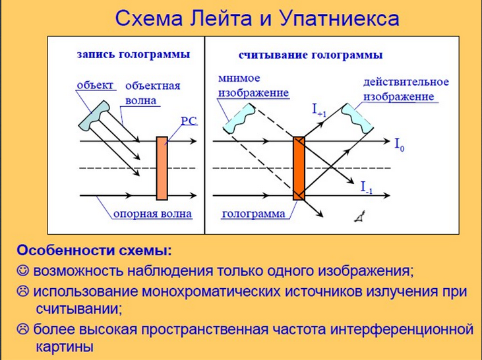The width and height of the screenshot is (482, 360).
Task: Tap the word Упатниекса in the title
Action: coord(340,19)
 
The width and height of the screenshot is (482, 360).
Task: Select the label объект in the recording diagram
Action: coord(95,85)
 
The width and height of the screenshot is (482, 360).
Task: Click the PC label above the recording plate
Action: coord(189,121)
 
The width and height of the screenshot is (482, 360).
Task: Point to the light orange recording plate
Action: coord(162,169)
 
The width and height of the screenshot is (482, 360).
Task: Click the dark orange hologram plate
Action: coord(299,169)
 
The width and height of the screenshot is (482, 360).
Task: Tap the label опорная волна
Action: coord(152,214)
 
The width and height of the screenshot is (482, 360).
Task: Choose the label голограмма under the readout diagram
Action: coord(253,214)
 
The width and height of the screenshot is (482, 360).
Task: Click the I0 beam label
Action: coord(400,144)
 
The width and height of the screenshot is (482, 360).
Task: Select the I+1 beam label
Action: coord(319,110)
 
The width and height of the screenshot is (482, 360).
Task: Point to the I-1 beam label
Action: coord(367,187)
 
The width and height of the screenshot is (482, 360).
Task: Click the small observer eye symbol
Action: coord(360,216)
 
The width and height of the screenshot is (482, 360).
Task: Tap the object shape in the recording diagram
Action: coord(94,115)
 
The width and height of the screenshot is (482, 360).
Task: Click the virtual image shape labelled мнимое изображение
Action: coord(239,119)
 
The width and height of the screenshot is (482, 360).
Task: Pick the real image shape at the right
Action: coord(357,119)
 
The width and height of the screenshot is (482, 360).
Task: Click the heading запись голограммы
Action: coord(133,55)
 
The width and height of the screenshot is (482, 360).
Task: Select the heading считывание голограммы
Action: coord(311,55)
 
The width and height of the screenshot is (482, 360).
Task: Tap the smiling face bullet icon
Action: coord(22,270)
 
